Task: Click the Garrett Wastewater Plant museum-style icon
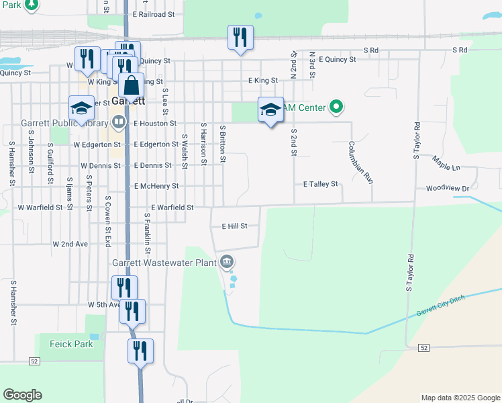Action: click(x=227, y=261)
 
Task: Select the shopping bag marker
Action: click(x=132, y=86)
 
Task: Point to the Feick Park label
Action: click(x=70, y=343)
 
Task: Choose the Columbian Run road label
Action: click(x=360, y=163)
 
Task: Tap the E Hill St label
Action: click(x=235, y=227)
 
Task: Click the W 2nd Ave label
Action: click(x=70, y=244)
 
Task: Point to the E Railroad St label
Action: click(x=154, y=14)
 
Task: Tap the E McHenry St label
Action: click(x=156, y=186)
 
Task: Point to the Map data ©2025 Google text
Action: click(x=460, y=398)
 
